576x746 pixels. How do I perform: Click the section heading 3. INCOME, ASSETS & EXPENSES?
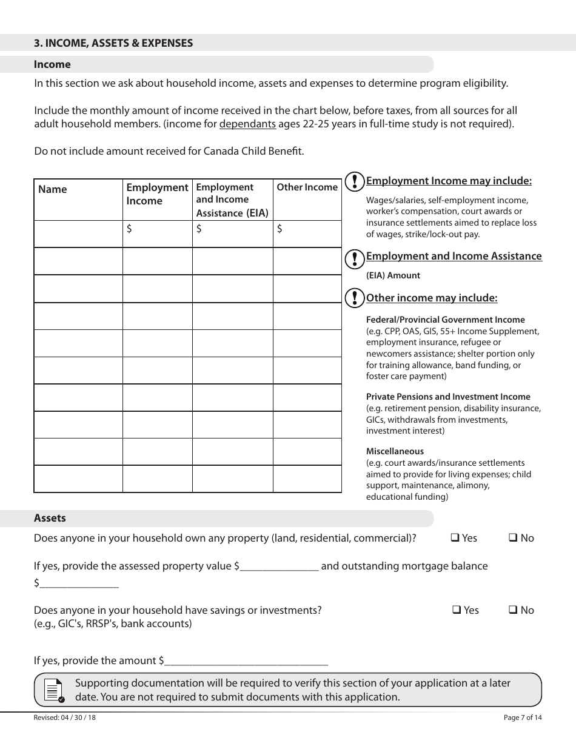113,43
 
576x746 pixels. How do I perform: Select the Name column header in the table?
53,189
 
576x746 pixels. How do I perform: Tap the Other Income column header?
307,187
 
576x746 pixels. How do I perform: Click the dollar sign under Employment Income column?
129,229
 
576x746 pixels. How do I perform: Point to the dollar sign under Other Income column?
280,229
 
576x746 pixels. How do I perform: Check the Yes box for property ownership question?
455,537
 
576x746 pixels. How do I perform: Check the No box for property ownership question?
512,537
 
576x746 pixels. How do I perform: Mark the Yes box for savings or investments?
457,610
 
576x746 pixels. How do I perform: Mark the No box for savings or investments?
512,610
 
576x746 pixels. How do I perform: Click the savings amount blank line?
246,662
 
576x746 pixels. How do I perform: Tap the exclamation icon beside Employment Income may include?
354,181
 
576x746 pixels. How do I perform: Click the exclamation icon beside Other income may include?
354,298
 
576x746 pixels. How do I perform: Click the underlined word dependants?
247,124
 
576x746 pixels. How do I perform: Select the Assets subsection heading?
50,518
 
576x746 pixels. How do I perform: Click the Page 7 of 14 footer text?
523,717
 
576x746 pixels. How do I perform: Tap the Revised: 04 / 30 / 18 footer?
65,717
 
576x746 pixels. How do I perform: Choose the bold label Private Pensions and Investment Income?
448,397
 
